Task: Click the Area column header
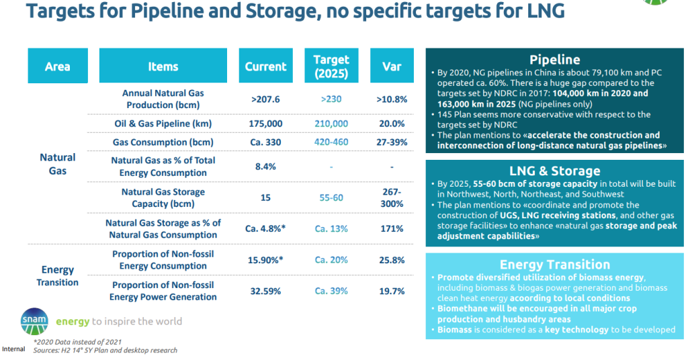(x=57, y=66)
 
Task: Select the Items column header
(x=163, y=66)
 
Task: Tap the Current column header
(x=265, y=66)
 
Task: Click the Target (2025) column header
(x=331, y=66)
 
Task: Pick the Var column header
(x=392, y=66)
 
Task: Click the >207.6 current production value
(x=265, y=99)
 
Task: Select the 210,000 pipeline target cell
(x=331, y=124)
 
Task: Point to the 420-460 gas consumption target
(x=331, y=142)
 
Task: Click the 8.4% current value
(x=265, y=167)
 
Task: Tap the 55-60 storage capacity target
(x=331, y=197)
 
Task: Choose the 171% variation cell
(x=392, y=228)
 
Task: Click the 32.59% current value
(x=265, y=291)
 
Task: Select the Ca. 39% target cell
(x=331, y=291)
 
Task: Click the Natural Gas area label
(x=58, y=164)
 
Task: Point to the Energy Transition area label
(x=58, y=275)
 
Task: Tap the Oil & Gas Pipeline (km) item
(x=163, y=124)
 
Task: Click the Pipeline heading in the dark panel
(x=554, y=60)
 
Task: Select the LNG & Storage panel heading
(x=554, y=171)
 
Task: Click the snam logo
(x=34, y=321)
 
